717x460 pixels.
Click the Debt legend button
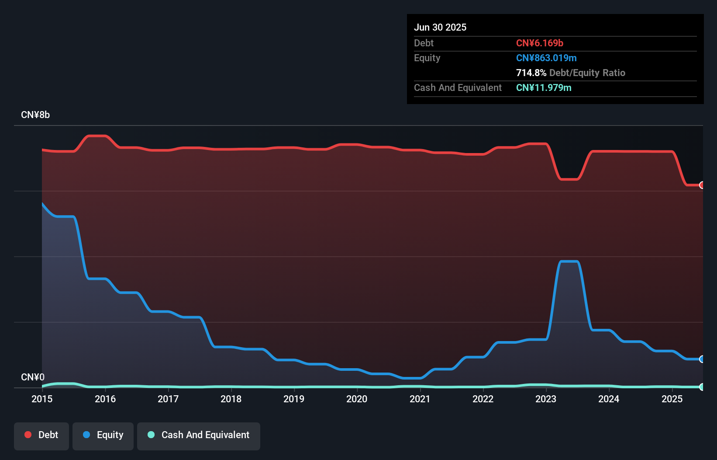41,436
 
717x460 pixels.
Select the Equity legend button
103,436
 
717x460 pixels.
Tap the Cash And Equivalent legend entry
199,436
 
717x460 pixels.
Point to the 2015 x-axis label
42,399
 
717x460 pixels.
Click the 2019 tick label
294,399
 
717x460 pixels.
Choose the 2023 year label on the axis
546,399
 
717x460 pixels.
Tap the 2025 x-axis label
672,399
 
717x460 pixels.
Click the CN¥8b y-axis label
35,115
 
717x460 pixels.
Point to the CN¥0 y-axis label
33,377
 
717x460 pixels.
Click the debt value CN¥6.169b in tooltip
540,43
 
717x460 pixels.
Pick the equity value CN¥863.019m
546,58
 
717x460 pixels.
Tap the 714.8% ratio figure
531,73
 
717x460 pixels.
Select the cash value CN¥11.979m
544,88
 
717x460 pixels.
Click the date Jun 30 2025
440,28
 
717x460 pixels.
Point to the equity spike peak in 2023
569,261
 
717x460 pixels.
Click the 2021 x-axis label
420,399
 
